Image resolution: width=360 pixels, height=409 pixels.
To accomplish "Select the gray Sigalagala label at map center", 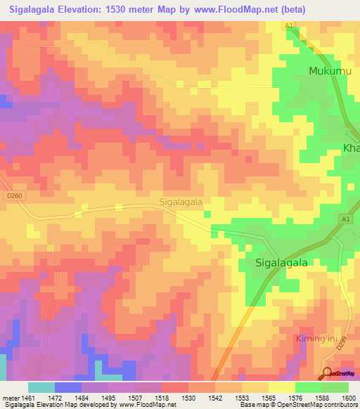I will pos(181,202).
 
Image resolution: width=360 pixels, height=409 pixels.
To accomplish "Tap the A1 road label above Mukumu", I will pos(289,25).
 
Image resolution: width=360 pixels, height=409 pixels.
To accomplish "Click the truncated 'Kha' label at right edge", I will pos(351,148).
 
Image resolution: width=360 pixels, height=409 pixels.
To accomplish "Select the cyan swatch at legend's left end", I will pos(41,387).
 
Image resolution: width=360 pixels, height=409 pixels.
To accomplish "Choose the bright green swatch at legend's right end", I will pos(335,387).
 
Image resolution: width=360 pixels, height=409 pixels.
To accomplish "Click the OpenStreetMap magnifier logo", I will pos(327,373).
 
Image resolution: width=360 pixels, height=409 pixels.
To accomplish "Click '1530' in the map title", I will pos(133,9).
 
